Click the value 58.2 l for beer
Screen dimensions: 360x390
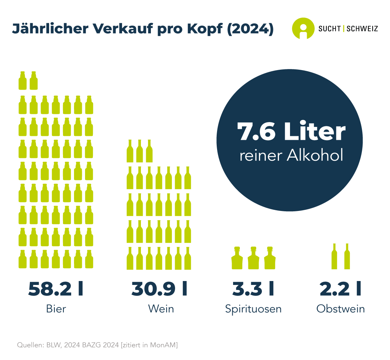pos(56,289)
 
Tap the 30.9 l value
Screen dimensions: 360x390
pos(159,289)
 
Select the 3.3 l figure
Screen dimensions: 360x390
pos(253,289)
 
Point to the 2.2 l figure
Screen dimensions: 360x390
pos(340,289)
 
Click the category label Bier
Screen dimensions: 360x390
pos(56,308)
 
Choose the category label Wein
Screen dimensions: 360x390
pos(161,308)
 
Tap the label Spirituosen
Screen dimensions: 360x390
pos(253,308)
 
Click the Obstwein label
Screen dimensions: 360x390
pos(341,308)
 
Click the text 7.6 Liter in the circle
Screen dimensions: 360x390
pos(291,132)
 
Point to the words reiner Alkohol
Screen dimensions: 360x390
pos(291,156)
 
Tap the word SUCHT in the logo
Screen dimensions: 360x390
pos(330,29)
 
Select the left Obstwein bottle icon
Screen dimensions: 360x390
pos(334,256)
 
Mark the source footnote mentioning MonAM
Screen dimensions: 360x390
pos(97,345)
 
